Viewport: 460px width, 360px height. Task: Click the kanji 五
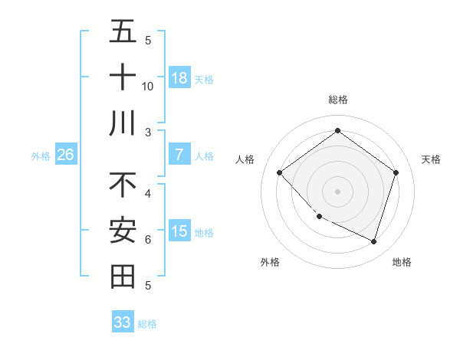click(123, 31)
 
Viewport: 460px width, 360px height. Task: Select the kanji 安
click(123, 231)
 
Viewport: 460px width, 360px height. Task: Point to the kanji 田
click(123, 277)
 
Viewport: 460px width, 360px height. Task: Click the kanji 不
click(123, 185)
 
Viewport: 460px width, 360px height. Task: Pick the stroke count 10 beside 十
click(148, 86)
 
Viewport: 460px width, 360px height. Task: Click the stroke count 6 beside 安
click(148, 240)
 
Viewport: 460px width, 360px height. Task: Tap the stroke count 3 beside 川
click(148, 132)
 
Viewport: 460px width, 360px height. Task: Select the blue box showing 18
click(179, 77)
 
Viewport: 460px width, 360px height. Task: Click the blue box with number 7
click(179, 155)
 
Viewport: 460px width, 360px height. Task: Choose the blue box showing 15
click(179, 231)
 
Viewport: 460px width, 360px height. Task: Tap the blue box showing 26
click(65, 155)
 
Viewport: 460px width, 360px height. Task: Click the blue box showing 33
click(123, 322)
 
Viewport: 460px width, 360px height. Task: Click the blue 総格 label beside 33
click(147, 324)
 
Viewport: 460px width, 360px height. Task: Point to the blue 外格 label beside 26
click(41, 156)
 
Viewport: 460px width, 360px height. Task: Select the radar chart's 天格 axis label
click(431, 159)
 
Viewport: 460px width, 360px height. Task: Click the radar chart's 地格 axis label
click(402, 262)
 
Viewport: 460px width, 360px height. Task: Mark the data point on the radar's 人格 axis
click(280, 173)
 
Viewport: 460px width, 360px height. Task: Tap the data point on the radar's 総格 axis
click(337, 131)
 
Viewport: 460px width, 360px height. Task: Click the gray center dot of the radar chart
click(337, 191)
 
